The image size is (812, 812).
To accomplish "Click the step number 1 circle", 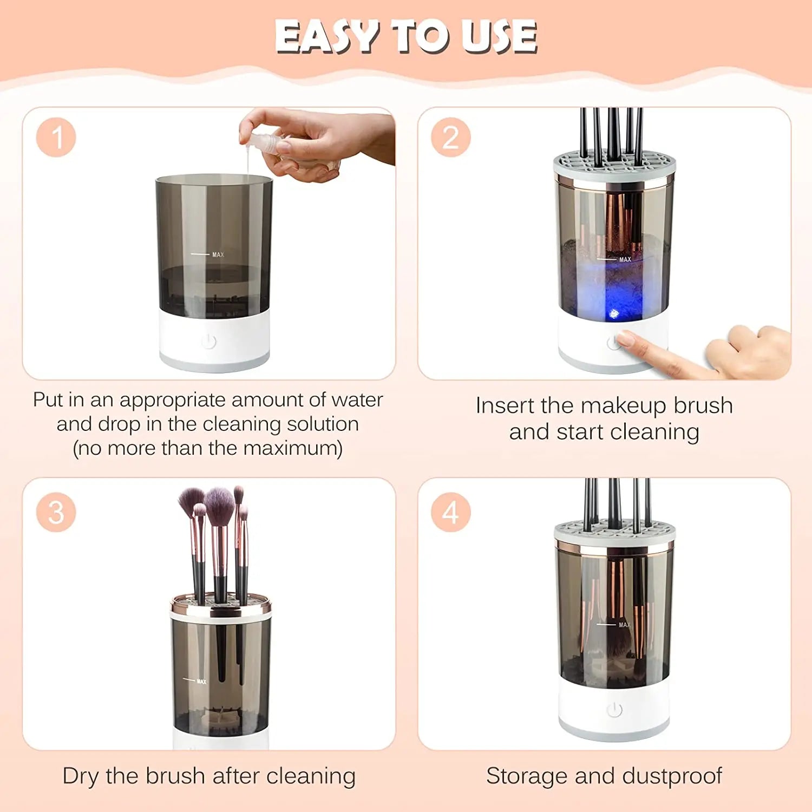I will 56,137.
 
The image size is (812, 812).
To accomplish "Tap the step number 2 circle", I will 451,137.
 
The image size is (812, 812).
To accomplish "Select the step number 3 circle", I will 56,512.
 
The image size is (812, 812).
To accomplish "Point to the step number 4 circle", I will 451,512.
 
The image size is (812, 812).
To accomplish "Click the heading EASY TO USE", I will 406,37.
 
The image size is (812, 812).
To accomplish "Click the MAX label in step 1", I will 218,254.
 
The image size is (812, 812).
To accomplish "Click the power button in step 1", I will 208,342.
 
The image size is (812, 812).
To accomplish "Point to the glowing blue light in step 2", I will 614,313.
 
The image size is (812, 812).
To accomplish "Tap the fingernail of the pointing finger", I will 626,339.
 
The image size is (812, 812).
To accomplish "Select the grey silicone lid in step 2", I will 614,162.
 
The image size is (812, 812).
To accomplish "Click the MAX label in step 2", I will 625,260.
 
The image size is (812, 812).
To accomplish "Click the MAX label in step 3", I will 201,682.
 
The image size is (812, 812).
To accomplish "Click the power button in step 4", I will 614,710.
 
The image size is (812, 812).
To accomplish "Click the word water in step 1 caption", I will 357,400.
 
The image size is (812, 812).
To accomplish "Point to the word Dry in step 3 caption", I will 81,776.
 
